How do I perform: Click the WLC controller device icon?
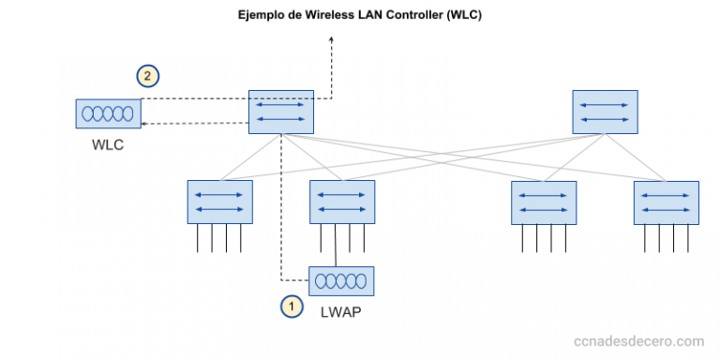click(x=108, y=114)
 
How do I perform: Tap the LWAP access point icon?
click(x=341, y=281)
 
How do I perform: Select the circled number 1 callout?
click(x=292, y=305)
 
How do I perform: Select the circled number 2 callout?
click(x=148, y=75)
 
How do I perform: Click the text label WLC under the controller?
click(x=108, y=146)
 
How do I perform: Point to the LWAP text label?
click(x=341, y=312)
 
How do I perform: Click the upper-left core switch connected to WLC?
click(x=280, y=112)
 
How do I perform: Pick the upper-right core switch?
click(x=605, y=112)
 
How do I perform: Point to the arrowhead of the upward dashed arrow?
click(x=333, y=40)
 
